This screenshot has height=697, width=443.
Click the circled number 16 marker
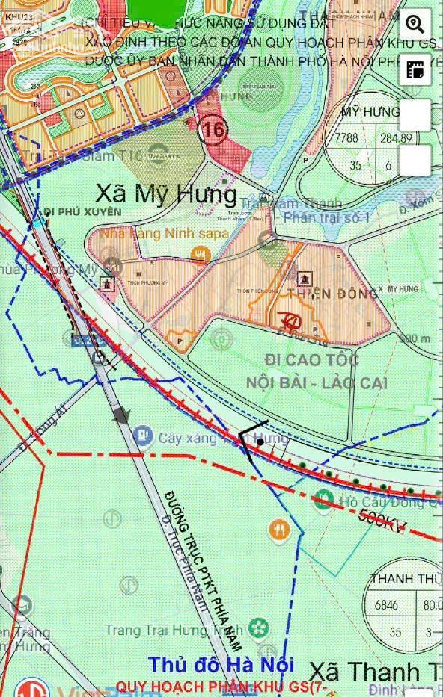(213, 130)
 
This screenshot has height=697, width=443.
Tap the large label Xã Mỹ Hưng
(167, 195)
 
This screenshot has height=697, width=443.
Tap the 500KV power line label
(382, 521)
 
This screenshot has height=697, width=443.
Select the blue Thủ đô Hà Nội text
(221, 665)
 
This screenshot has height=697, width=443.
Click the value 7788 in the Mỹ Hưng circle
(346, 138)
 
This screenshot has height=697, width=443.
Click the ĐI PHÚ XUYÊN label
(82, 212)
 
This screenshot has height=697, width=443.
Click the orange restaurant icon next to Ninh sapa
(199, 254)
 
